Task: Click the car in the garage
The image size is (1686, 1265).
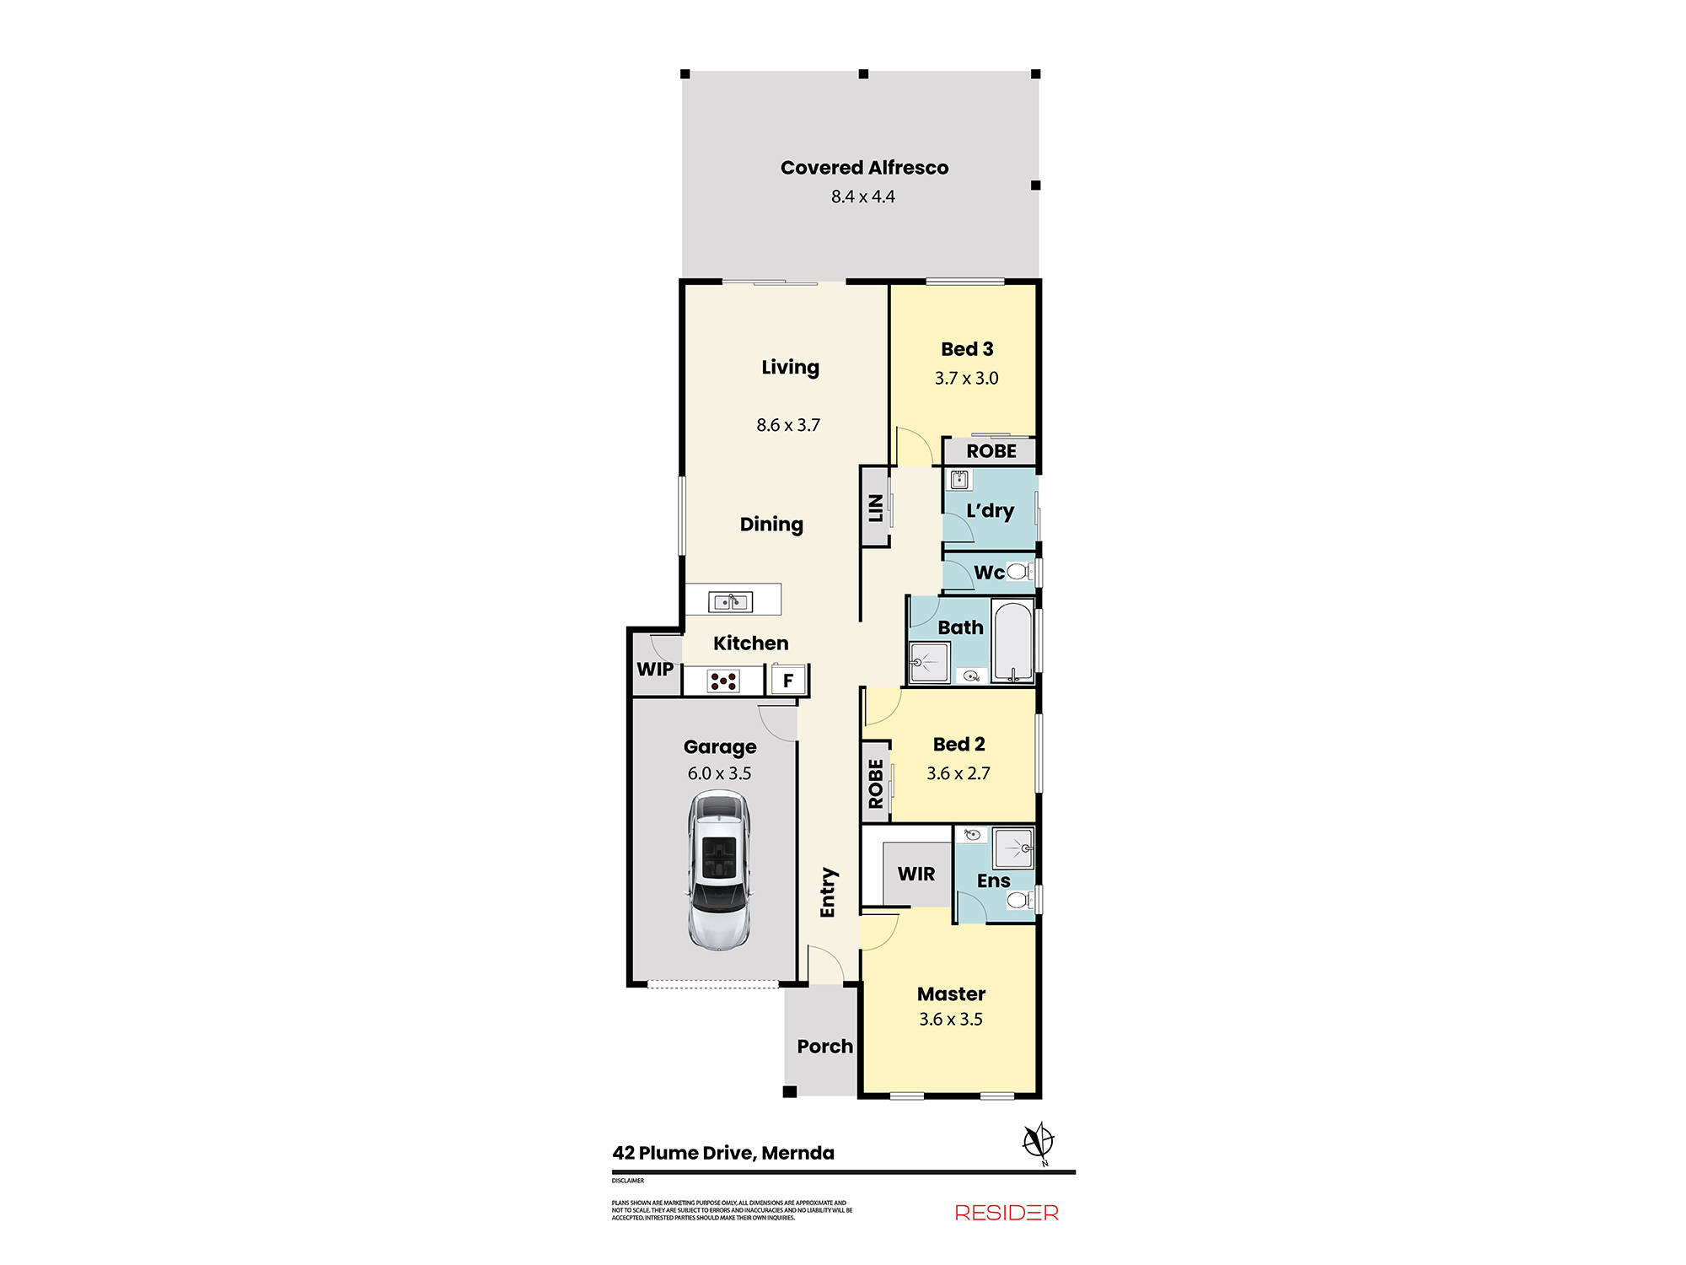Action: click(719, 870)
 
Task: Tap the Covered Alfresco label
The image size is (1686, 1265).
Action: click(864, 168)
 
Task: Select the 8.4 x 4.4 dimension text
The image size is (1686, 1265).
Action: click(862, 196)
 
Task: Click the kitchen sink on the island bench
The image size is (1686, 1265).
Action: click(730, 601)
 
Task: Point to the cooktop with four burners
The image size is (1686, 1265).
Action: click(723, 681)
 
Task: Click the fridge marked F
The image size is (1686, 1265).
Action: click(788, 680)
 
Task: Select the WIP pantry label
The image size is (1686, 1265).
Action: click(655, 670)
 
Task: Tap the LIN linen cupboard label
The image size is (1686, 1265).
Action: click(875, 507)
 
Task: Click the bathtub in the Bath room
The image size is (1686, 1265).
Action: click(1012, 641)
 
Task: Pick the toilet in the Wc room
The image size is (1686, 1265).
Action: click(1018, 572)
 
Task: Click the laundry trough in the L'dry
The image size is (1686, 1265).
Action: click(959, 480)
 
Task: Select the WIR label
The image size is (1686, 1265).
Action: click(916, 875)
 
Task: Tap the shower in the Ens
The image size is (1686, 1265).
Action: click(1012, 848)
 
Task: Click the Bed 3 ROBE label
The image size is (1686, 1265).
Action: click(991, 451)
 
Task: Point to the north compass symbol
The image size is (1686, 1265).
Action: click(1039, 1143)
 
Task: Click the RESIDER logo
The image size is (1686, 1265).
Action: click(1007, 1213)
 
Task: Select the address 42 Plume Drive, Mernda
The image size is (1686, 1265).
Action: click(723, 1153)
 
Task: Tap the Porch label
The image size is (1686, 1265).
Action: click(824, 1047)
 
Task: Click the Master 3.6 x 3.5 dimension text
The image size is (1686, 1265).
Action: click(951, 1020)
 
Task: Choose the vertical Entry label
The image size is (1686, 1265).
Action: click(828, 892)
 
